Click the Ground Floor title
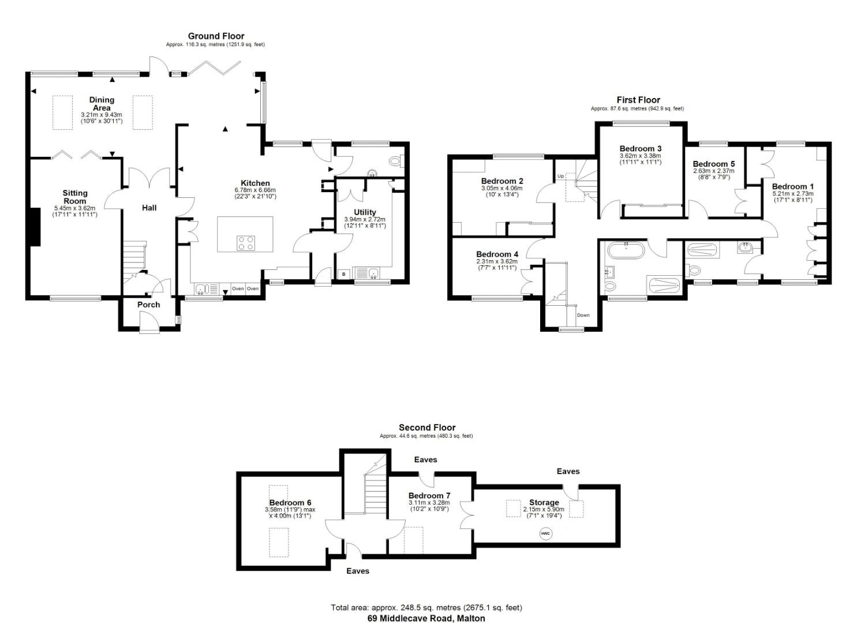tap(216, 36)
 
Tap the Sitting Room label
tap(75, 197)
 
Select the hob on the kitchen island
tap(245, 243)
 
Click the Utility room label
tap(365, 212)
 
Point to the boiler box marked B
tap(344, 274)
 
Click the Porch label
tap(148, 305)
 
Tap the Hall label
tap(149, 208)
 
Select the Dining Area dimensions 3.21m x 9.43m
tap(102, 115)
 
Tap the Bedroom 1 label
tap(792, 186)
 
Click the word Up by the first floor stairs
tap(560, 176)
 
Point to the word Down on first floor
tap(583, 315)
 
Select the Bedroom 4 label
tap(497, 254)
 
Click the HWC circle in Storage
tap(545, 534)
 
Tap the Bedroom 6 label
tap(290, 502)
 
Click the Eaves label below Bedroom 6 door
tap(358, 571)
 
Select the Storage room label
tap(544, 502)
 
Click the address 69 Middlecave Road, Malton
tap(426, 618)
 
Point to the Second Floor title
tap(427, 427)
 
